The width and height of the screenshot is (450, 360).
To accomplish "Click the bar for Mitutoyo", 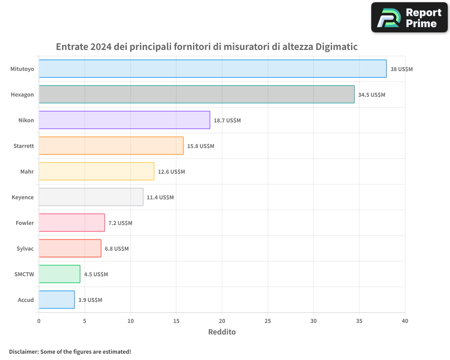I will tap(212, 69).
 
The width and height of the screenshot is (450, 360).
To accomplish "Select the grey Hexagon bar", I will tap(197, 94).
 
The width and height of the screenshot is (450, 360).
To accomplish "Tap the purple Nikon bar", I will tap(124, 120).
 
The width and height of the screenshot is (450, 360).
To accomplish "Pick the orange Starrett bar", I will tap(111, 146).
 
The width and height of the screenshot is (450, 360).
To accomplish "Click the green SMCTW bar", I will tap(59, 274).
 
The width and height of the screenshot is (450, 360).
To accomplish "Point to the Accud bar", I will tap(57, 300).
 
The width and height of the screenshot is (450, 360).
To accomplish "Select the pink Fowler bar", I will tap(72, 223).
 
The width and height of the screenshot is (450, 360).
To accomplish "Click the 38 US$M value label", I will tap(401, 69).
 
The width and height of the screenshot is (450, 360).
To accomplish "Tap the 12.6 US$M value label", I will tap(171, 172).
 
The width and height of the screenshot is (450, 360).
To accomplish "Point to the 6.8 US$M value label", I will tap(117, 249).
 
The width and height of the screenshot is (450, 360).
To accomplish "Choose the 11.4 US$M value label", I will tap(160, 198).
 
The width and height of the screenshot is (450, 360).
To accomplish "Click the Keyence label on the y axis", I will tap(22, 198).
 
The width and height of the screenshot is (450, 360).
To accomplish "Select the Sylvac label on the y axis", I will tap(25, 249).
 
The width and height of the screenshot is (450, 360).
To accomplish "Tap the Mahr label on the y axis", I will tap(27, 172).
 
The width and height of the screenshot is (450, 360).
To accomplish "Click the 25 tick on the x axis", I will tap(268, 321).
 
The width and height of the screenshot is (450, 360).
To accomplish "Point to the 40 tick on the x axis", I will tap(405, 321).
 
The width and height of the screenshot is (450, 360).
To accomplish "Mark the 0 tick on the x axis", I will tap(39, 321).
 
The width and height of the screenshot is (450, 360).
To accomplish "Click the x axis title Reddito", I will tap(222, 332).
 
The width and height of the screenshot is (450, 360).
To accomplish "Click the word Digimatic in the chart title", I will tap(337, 47).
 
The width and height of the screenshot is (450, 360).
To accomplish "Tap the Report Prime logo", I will tap(409, 18).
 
